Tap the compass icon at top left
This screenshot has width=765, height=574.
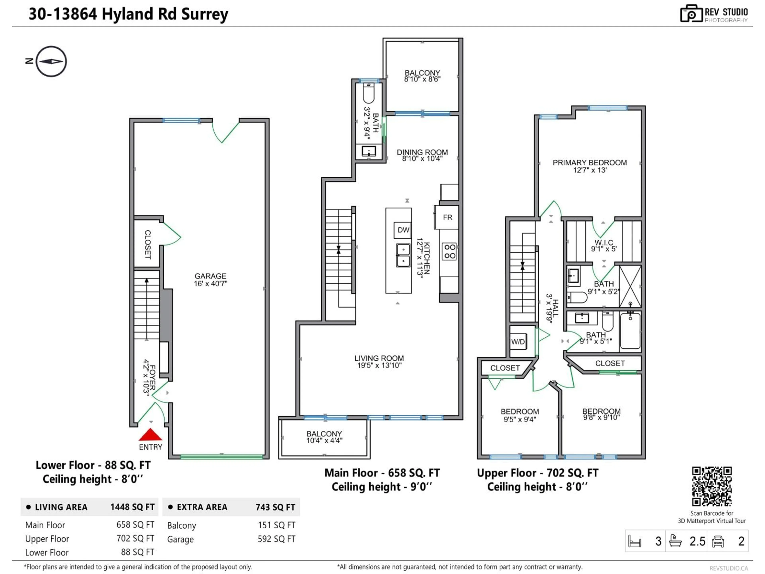(51, 61)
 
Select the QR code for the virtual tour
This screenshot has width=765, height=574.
(711, 486)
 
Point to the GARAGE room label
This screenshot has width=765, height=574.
(210, 276)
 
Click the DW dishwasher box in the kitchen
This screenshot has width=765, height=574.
(403, 230)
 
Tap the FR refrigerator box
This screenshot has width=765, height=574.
(447, 217)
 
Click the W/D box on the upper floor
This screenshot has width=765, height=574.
(518, 342)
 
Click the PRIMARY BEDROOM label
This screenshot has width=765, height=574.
(589, 163)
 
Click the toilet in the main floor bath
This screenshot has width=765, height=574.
(369, 94)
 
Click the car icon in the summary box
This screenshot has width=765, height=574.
(718, 541)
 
